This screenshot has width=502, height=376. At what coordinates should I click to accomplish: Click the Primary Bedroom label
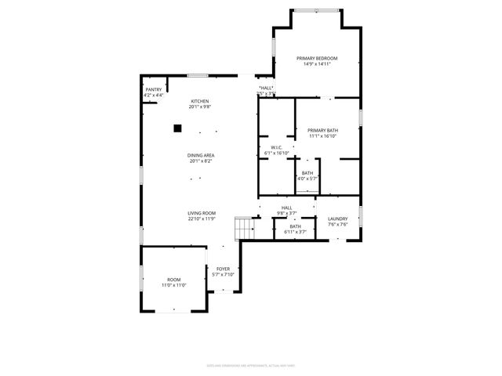tap(317, 59)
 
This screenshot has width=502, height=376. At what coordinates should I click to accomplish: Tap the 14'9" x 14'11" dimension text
tap(317, 64)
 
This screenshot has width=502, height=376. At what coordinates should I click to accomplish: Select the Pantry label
tap(152, 90)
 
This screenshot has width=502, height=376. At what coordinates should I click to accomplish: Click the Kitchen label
tap(201, 101)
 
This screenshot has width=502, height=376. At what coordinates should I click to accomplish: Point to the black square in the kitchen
tap(178, 127)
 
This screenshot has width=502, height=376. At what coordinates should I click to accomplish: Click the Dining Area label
tap(201, 155)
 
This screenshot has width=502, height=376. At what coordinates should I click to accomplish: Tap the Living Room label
tap(201, 214)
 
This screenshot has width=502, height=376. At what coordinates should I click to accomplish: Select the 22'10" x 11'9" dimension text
tap(201, 219)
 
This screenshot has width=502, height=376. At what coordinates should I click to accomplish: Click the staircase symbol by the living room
tap(246, 229)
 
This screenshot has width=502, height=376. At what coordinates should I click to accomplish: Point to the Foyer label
tap(223, 269)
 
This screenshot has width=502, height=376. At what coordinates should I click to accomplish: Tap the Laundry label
tap(338, 219)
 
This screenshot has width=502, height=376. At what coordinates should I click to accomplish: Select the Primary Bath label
tap(322, 130)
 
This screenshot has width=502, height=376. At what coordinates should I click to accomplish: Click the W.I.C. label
tap(276, 148)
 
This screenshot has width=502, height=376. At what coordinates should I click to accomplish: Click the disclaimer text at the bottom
tap(251, 365)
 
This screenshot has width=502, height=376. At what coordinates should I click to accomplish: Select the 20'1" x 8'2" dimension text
tap(201, 161)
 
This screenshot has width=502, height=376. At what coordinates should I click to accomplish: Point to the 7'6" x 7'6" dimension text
tap(338, 225)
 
